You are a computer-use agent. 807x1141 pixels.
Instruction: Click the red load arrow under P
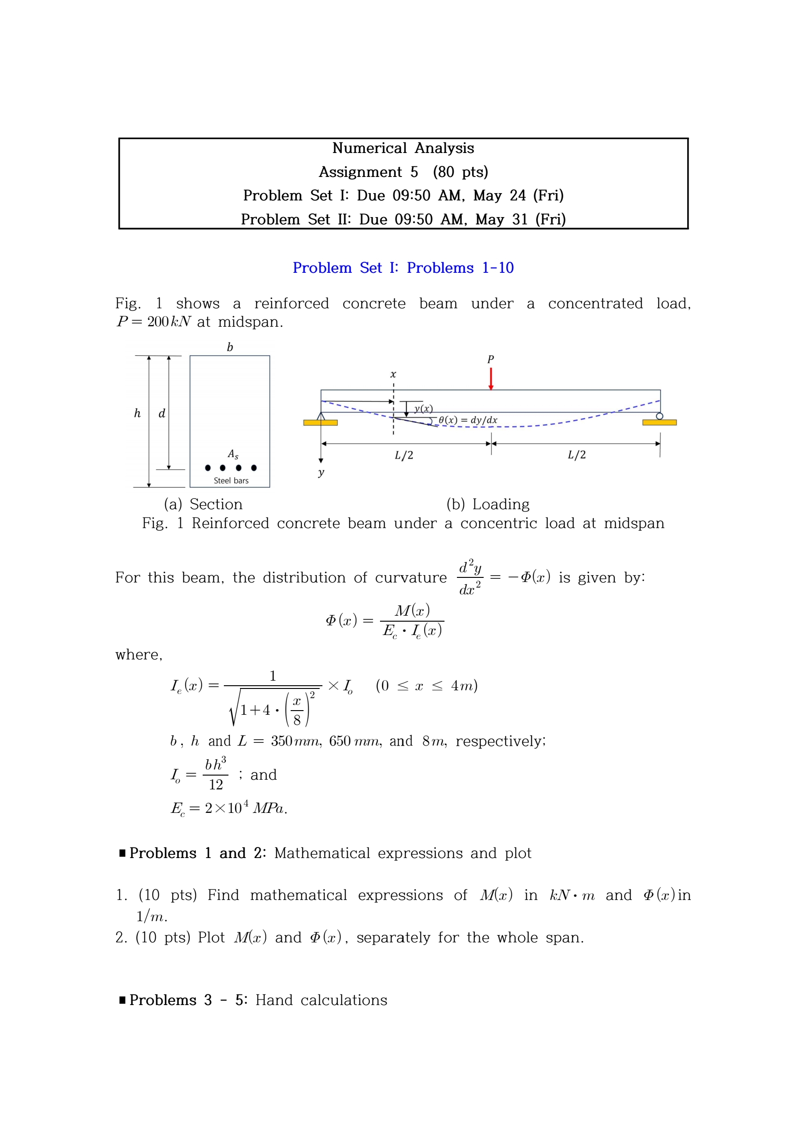pyautogui.click(x=491, y=379)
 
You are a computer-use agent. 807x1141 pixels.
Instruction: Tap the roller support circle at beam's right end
pyautogui.click(x=660, y=416)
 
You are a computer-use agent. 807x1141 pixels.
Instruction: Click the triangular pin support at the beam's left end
pyautogui.click(x=321, y=417)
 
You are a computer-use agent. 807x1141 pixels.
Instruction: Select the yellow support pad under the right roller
pyautogui.click(x=660, y=423)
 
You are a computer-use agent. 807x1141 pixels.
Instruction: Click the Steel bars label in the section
pyautogui.click(x=231, y=481)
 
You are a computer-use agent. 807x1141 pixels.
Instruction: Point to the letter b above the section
pyautogui.click(x=229, y=347)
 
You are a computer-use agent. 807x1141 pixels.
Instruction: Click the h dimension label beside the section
pyautogui.click(x=138, y=413)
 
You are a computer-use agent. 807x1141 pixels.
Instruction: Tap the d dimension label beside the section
pyautogui.click(x=162, y=413)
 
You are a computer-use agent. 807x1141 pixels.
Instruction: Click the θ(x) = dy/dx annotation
pyautogui.click(x=468, y=420)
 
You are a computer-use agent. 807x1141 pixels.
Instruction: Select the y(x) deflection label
pyautogui.click(x=423, y=409)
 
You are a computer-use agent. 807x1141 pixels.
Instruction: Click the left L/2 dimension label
pyautogui.click(x=404, y=455)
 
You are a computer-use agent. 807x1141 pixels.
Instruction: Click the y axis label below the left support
pyautogui.click(x=321, y=472)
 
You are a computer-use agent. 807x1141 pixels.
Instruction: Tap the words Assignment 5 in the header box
pyautogui.click(x=368, y=172)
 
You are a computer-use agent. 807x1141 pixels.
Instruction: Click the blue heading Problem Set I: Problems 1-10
pyautogui.click(x=403, y=268)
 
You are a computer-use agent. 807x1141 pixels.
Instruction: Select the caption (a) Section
pyautogui.click(x=203, y=504)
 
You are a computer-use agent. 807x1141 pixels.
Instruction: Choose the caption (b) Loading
pyautogui.click(x=487, y=504)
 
